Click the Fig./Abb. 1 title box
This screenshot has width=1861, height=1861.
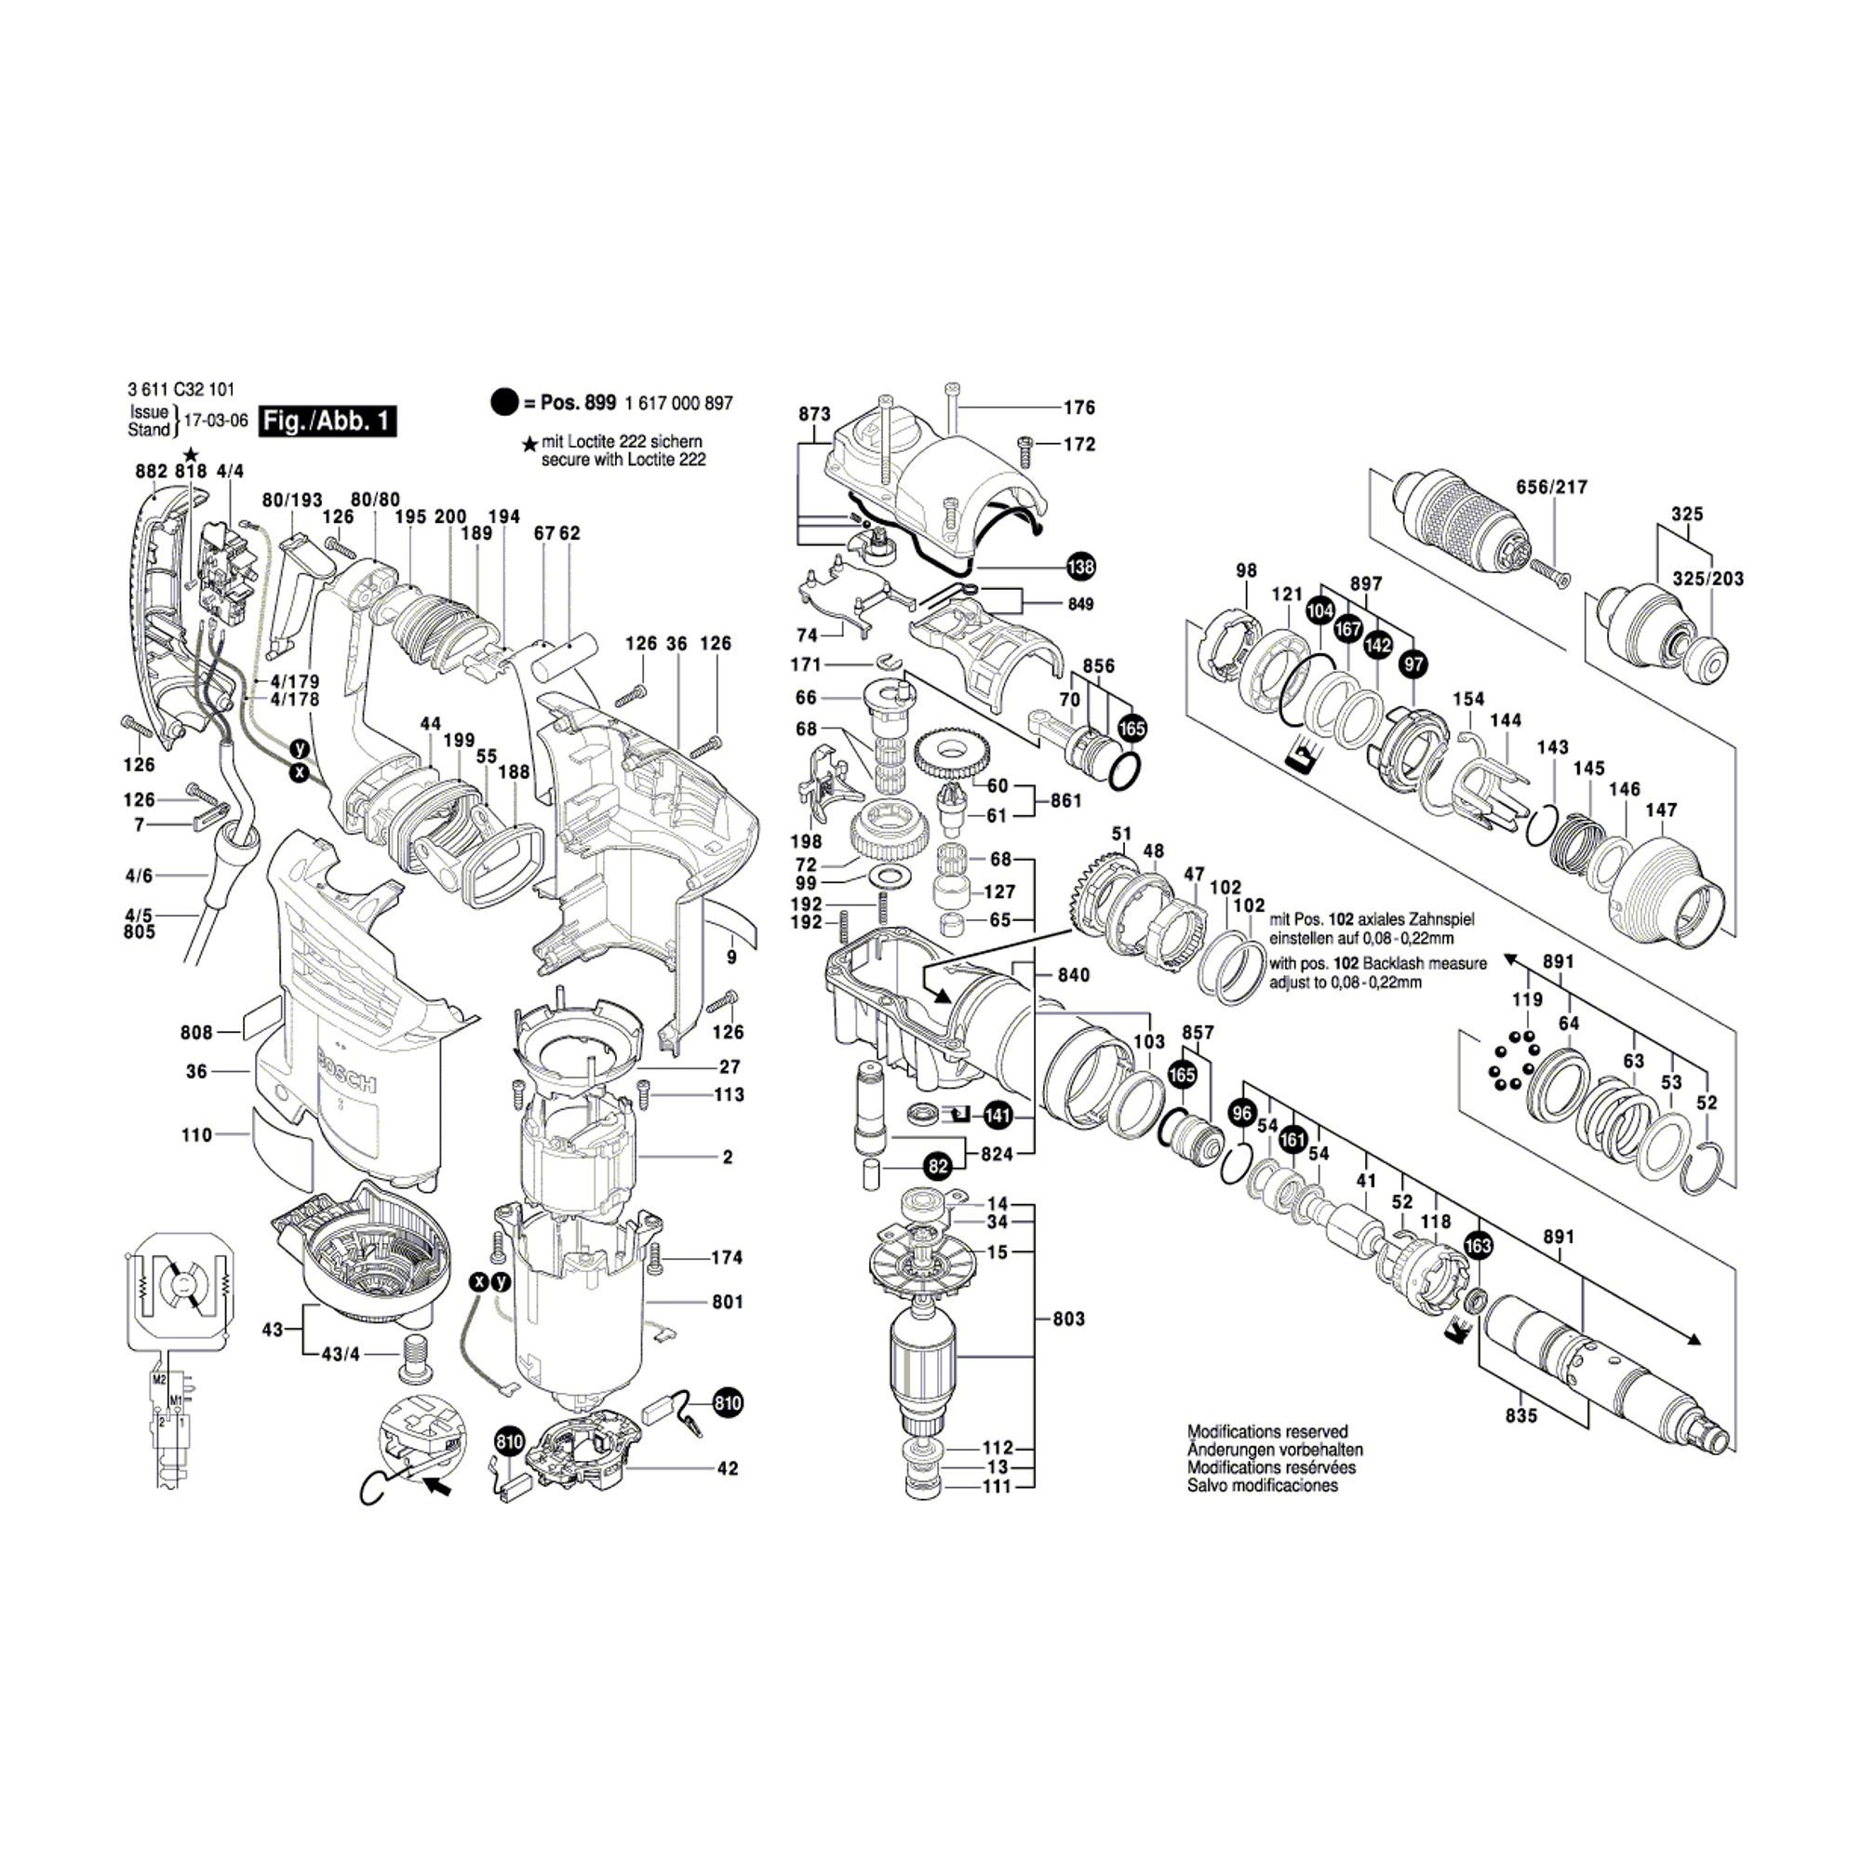pyautogui.click(x=328, y=421)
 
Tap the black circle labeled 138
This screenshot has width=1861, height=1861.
pyautogui.click(x=1080, y=567)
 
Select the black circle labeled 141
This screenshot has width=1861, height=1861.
pyautogui.click(x=997, y=1117)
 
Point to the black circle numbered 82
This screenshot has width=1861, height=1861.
pyautogui.click(x=937, y=1167)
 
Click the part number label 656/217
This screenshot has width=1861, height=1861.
pyautogui.click(x=1552, y=488)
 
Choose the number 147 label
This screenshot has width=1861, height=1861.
pyautogui.click(x=1662, y=810)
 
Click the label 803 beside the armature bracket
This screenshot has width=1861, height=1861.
pyautogui.click(x=1068, y=1318)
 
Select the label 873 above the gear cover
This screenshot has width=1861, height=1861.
pyautogui.click(x=814, y=414)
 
